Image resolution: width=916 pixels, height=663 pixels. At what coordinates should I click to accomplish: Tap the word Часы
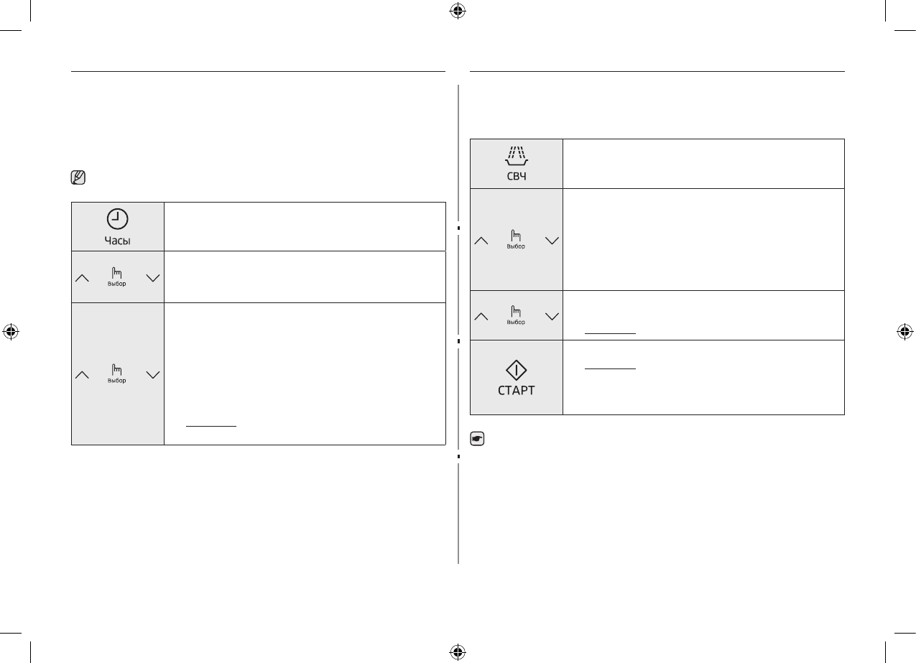click(x=117, y=241)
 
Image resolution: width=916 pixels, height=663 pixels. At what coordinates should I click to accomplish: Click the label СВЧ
click(x=516, y=176)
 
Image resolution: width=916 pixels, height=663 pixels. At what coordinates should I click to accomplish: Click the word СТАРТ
click(x=516, y=391)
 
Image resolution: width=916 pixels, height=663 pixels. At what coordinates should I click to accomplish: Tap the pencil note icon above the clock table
click(x=78, y=177)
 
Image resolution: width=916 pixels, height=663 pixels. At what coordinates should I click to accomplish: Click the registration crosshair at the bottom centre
click(x=457, y=652)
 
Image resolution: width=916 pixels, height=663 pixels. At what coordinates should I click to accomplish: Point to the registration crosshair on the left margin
click(x=10, y=331)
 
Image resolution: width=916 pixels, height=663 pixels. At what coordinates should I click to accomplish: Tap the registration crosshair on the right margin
click(x=905, y=331)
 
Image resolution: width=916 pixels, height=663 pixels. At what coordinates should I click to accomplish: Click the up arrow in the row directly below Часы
click(x=82, y=277)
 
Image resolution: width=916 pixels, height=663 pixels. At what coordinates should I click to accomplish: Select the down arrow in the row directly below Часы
click(x=153, y=277)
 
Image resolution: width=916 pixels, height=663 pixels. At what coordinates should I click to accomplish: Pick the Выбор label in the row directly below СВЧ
click(x=516, y=246)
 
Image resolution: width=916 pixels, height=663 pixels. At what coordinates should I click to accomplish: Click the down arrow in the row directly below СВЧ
click(x=552, y=241)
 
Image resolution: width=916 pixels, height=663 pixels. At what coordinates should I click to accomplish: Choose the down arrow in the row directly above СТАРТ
click(x=552, y=316)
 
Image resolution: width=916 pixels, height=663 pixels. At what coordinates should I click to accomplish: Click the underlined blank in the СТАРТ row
click(x=610, y=368)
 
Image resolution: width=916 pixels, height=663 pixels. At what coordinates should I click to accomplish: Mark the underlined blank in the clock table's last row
click(x=211, y=425)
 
